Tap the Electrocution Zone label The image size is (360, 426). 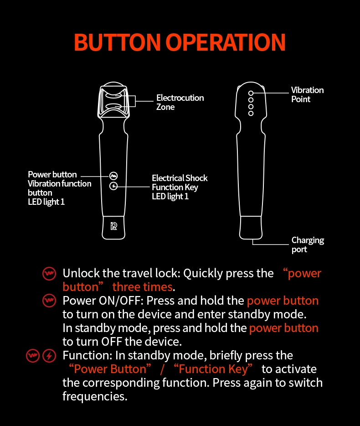[180, 103]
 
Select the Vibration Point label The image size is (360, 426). [307, 95]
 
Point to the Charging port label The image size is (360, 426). [308, 245]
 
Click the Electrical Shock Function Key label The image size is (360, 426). [180, 187]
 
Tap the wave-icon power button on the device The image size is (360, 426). [113, 176]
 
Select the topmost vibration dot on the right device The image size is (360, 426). [251, 93]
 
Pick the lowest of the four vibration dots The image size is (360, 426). [251, 113]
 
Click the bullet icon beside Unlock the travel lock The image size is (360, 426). [49, 274]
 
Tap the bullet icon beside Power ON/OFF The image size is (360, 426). [49, 301]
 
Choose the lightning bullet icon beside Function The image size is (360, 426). [49, 356]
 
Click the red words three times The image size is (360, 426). [143, 287]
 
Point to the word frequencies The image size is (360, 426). [94, 396]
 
